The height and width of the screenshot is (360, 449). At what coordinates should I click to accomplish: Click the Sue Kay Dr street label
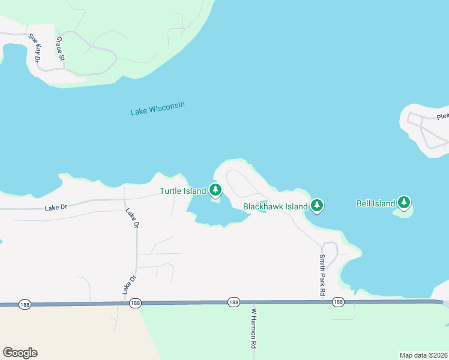(34, 49)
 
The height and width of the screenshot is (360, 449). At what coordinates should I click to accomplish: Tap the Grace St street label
(59, 49)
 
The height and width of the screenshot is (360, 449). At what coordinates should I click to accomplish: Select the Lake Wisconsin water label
(158, 109)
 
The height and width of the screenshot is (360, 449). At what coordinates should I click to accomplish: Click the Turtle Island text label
(182, 191)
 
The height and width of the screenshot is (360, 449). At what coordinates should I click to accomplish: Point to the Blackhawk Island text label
(276, 206)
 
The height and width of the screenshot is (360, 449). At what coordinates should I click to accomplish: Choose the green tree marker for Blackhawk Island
(317, 206)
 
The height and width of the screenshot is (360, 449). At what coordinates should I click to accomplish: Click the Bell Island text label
(375, 203)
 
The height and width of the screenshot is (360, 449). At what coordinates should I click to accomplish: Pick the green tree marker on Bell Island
(405, 203)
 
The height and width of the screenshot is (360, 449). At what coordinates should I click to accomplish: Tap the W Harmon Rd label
(253, 329)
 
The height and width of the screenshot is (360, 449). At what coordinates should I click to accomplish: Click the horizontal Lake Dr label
(56, 208)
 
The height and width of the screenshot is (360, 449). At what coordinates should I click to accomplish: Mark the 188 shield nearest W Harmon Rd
(234, 302)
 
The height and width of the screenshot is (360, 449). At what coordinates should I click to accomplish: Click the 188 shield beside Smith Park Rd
(338, 302)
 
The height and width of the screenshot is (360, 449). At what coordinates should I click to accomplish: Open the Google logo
(20, 353)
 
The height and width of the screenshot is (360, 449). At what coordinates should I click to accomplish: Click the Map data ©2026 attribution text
(423, 355)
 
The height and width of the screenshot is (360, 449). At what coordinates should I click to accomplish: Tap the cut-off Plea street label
(442, 117)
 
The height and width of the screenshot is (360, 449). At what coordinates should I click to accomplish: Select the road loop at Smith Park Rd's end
(330, 248)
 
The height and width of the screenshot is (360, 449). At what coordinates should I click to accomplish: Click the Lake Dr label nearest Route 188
(127, 284)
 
